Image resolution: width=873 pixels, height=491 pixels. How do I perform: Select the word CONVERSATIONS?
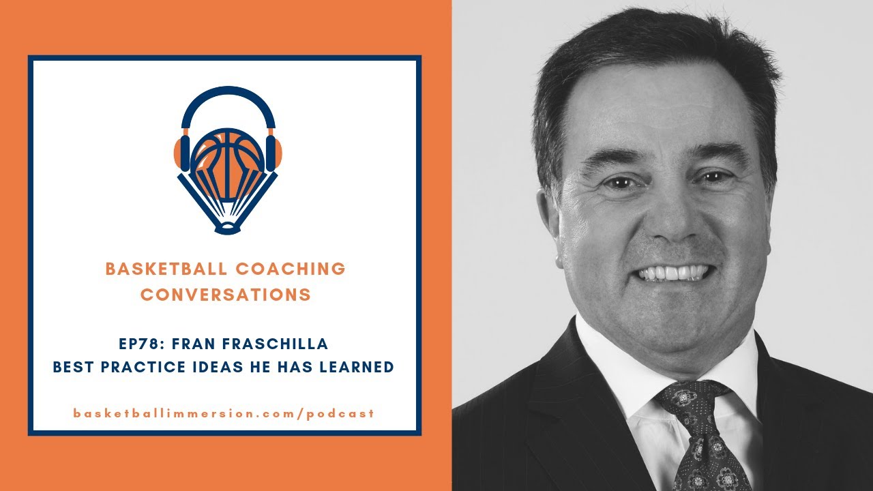tap(226, 295)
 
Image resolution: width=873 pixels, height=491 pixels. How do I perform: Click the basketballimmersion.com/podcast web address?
tap(224, 413)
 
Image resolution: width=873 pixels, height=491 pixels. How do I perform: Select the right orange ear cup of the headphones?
tap(273, 153)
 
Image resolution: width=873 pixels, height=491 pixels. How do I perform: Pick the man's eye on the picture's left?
tap(618, 183)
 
